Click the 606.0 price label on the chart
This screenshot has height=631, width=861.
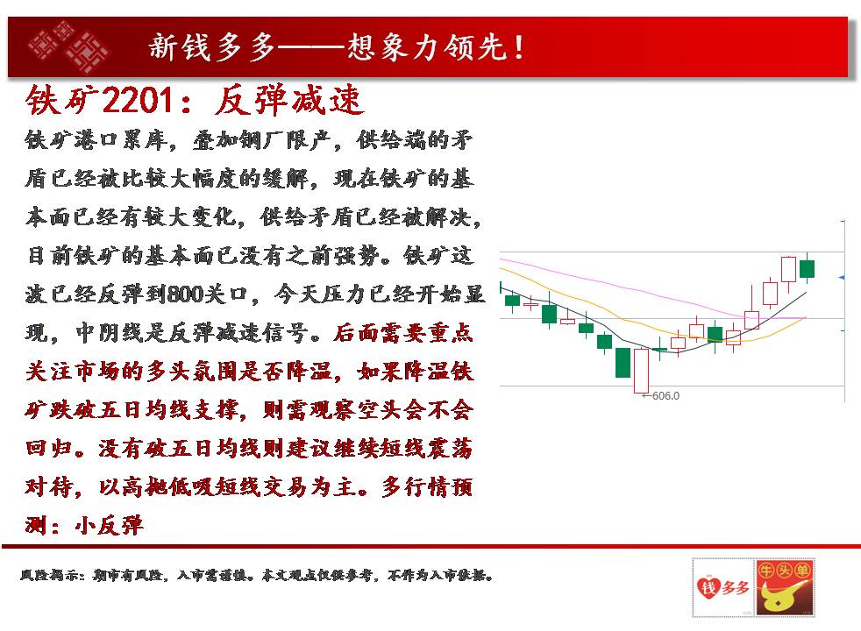pos(665,395)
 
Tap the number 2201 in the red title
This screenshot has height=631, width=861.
pos(138,101)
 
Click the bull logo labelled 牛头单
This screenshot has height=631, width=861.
pos(785,587)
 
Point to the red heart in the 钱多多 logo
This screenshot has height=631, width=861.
pos(708,588)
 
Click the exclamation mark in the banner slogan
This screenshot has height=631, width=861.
pos(518,47)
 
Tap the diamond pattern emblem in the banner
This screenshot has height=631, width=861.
pos(68,47)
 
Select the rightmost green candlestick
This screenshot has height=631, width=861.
pos(808,269)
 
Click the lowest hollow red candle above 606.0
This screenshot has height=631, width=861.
pos(641,371)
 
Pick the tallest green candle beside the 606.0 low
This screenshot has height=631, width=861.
pos(623,363)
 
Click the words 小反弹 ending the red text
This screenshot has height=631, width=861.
pos(109,526)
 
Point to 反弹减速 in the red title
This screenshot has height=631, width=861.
pos(288,101)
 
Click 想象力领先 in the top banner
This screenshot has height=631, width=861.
pos(427,47)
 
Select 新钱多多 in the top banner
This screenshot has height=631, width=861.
pos(211,47)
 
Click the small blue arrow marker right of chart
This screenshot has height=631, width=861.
pos(842,278)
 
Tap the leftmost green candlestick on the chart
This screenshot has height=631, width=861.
pos(512,301)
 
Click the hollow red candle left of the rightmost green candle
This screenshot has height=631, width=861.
pos(788,269)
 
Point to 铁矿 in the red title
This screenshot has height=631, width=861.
pos(61,101)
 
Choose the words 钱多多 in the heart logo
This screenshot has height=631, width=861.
pos(723,588)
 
